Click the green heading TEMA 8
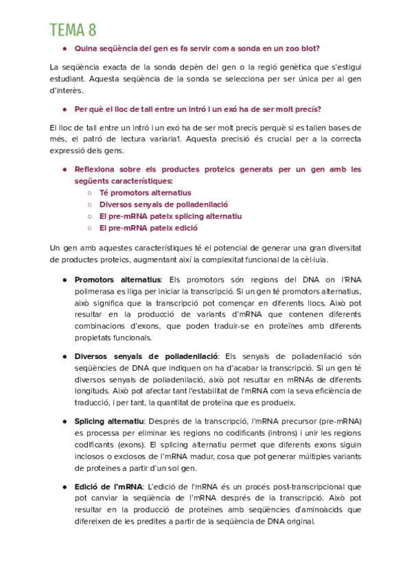(73, 30)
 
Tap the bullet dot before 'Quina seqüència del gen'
(64, 49)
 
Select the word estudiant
(68, 78)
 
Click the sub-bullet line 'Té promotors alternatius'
(145, 193)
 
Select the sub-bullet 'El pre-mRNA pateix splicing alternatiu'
(170, 216)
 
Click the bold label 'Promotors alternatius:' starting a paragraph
(117, 280)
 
